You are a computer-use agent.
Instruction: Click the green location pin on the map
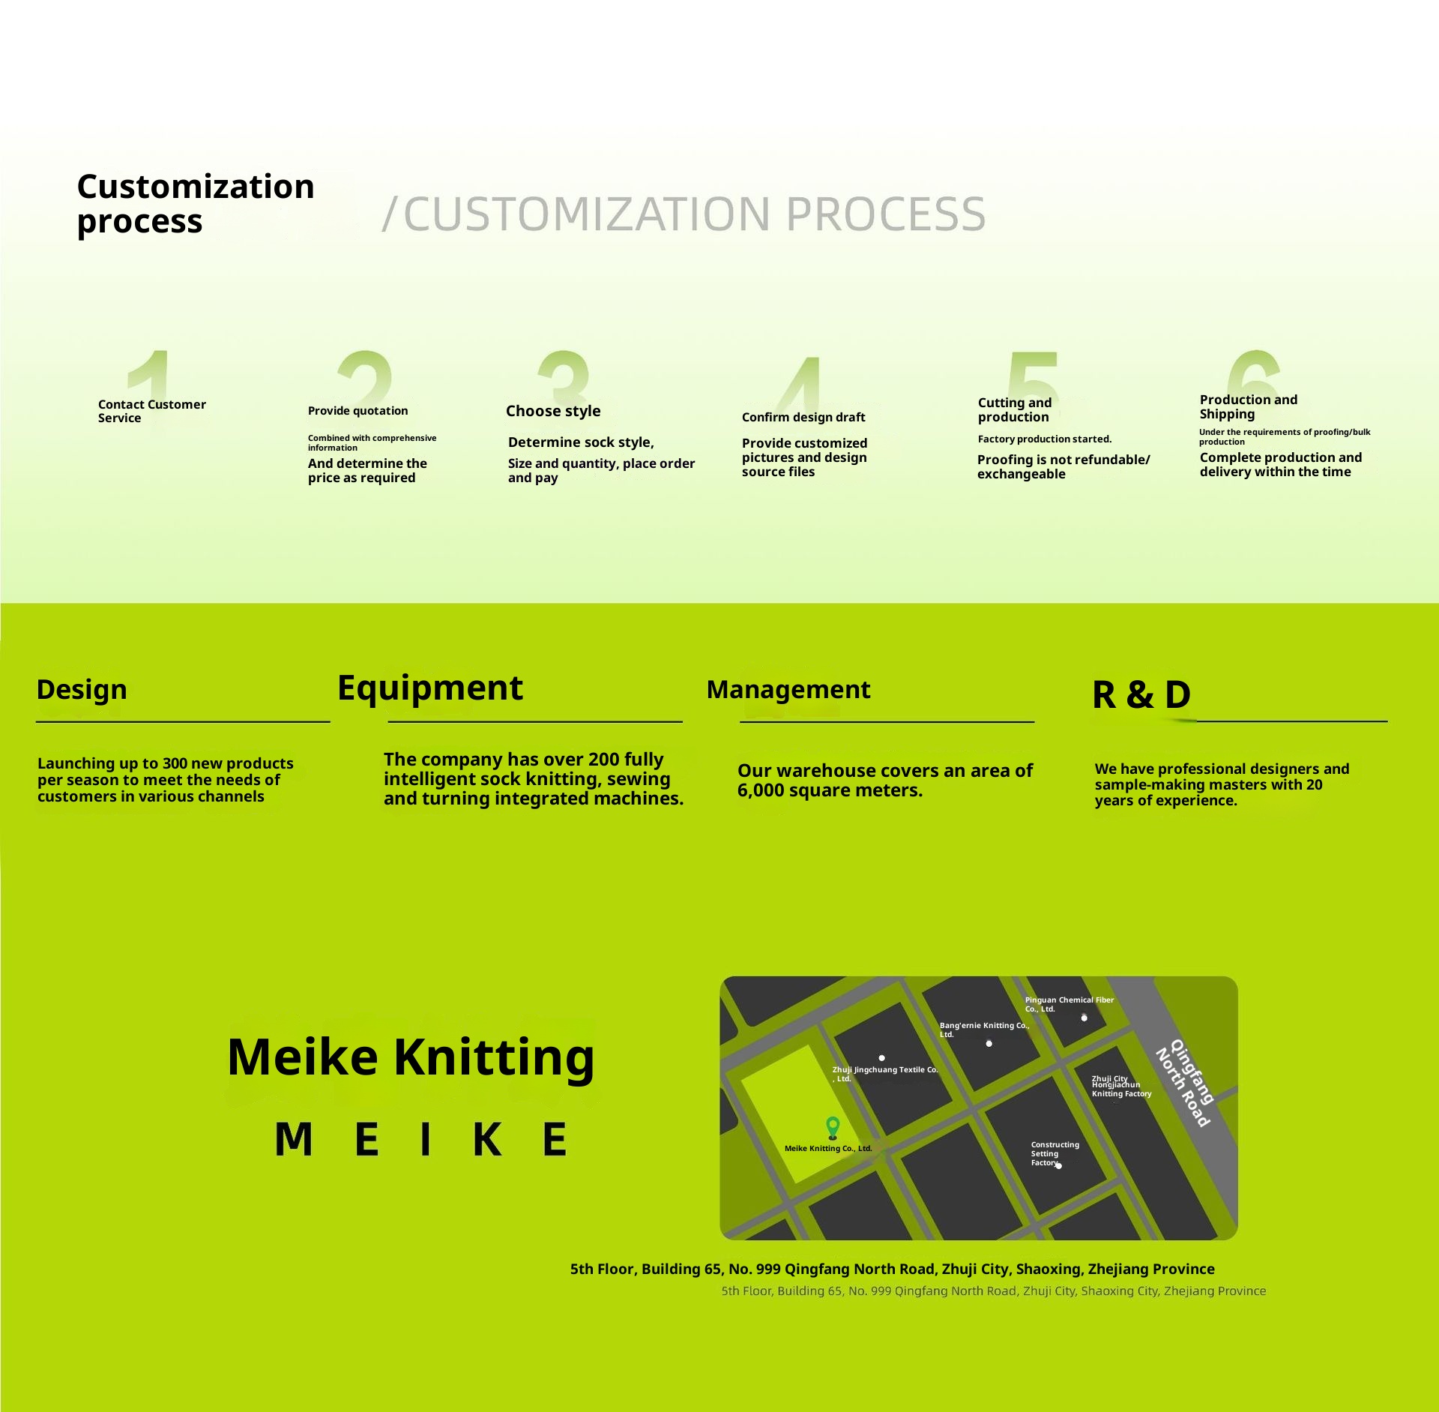pyautogui.click(x=833, y=1126)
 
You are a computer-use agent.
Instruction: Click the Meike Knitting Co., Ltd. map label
pyautogui.click(x=828, y=1148)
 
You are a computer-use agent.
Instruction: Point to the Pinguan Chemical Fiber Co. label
pyautogui.click(x=1069, y=1004)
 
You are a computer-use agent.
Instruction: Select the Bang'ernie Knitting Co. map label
pyautogui.click(x=984, y=1029)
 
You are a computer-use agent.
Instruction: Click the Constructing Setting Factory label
pyautogui.click(x=1054, y=1153)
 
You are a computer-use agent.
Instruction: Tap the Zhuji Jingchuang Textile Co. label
pyautogui.click(x=884, y=1073)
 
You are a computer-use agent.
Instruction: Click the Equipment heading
pyautogui.click(x=429, y=688)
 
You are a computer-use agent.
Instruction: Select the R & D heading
pyautogui.click(x=1141, y=694)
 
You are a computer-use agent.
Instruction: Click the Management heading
pyautogui.click(x=788, y=689)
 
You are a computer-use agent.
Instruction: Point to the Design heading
pyautogui.click(x=82, y=689)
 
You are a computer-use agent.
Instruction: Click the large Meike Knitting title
pyautogui.click(x=411, y=1057)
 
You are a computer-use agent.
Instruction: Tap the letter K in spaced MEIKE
pyautogui.click(x=487, y=1140)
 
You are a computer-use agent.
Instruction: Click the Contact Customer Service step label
pyautogui.click(x=151, y=411)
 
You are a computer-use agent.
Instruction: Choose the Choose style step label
pyautogui.click(x=553, y=411)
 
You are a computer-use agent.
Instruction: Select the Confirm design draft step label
pyautogui.click(x=803, y=417)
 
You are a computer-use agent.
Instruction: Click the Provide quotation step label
pyautogui.click(x=358, y=411)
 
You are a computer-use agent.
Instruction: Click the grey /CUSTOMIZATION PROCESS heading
pyautogui.click(x=684, y=214)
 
